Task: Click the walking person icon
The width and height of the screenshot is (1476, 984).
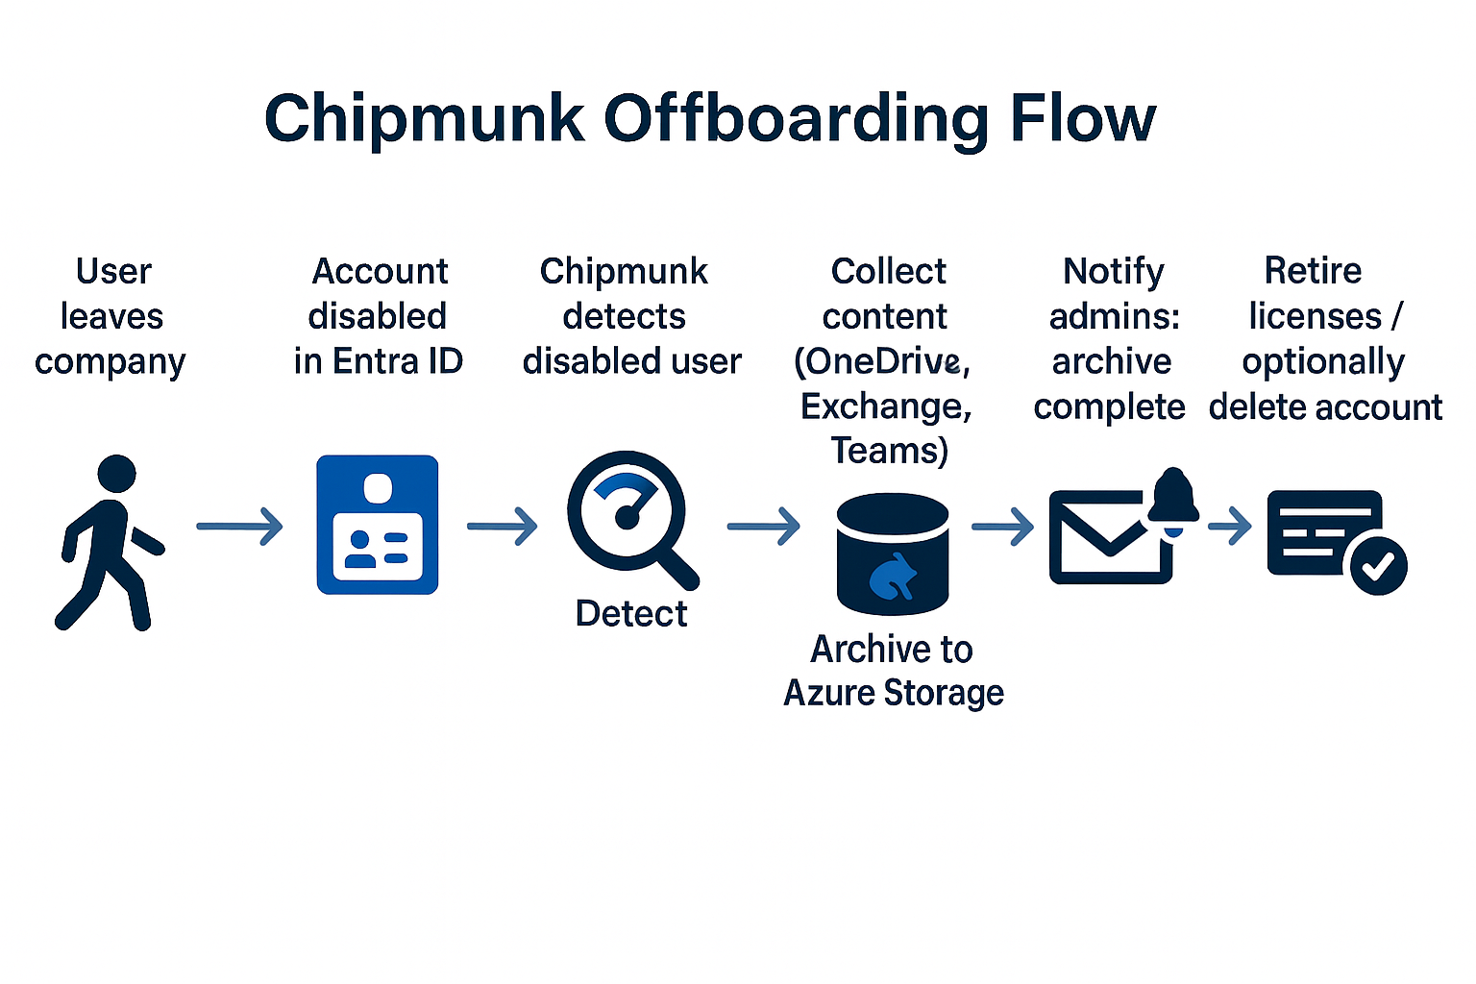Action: pos(108,543)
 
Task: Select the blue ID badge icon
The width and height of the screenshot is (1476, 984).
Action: pos(378,525)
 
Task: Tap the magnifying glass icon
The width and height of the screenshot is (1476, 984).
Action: pos(629,519)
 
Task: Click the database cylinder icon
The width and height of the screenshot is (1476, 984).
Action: pos(893,554)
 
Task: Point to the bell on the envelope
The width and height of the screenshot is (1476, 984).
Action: pos(1173,498)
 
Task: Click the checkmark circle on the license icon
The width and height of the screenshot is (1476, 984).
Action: pos(1378,566)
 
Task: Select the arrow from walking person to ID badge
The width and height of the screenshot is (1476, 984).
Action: pos(239,527)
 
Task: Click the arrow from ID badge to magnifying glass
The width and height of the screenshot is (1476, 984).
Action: pos(502,527)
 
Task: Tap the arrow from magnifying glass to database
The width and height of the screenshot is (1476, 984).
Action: pos(763,527)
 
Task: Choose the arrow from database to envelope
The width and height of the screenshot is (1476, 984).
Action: pos(1002,527)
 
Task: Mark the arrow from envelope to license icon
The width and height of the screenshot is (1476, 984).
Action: pos(1230,527)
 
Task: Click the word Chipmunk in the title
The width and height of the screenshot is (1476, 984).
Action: pos(424,118)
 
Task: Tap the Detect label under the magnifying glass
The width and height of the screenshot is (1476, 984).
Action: pos(630,613)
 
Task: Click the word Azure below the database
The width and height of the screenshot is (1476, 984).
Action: pos(828,693)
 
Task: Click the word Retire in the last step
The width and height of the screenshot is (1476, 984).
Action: pos(1313,271)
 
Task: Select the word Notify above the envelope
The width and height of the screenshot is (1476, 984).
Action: pos(1113,272)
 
